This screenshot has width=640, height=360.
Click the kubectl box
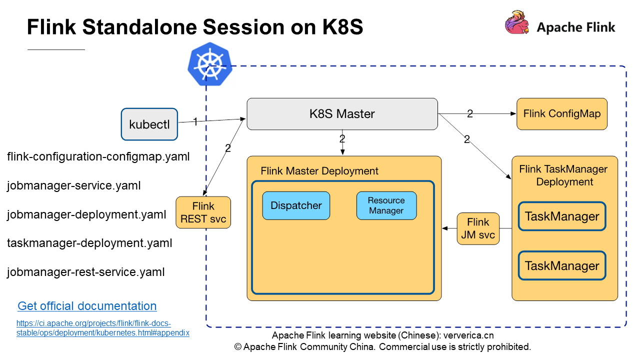149,124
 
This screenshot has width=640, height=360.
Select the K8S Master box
342,114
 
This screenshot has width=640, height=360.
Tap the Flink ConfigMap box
562,114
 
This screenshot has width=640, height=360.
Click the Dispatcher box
296,205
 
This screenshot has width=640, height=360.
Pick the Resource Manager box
386,205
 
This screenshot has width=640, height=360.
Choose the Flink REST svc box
203,212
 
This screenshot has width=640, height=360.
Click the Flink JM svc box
478,228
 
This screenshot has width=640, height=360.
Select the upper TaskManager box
562,216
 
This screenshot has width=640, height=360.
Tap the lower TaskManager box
562,265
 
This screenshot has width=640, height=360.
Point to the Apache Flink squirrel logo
517,23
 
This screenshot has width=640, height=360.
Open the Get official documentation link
87,306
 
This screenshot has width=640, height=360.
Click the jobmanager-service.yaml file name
73,186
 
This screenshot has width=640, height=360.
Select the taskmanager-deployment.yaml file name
89,243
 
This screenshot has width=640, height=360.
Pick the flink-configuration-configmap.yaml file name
98,157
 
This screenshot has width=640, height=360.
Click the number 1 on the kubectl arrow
195,121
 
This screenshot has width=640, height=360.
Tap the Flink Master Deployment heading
319,171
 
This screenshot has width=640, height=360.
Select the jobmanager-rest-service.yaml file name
85,272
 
